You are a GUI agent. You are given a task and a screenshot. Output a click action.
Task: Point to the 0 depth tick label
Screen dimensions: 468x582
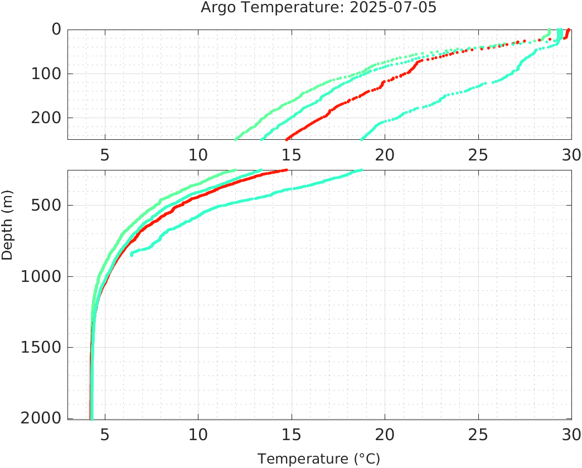coord(56,29)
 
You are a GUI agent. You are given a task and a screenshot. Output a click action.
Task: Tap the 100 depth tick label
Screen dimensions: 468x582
coord(46,74)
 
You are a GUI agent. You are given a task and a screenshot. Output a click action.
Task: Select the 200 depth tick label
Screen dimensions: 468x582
coord(46,118)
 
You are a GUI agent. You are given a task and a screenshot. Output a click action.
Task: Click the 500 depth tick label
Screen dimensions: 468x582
coord(46,205)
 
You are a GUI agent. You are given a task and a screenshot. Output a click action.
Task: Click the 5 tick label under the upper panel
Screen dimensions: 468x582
coord(105,154)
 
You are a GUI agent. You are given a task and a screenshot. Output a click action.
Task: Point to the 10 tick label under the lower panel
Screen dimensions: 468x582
coord(198,434)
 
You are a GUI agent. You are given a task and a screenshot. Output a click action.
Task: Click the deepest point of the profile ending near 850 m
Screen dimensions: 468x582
coord(132,255)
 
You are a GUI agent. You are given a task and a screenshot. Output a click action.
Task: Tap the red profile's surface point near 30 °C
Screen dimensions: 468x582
coord(569,30)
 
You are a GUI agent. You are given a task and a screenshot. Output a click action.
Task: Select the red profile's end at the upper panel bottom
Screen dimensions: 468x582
coord(287,139)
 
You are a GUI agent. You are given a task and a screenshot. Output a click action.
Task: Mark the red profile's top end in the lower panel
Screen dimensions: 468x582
coord(286,170)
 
